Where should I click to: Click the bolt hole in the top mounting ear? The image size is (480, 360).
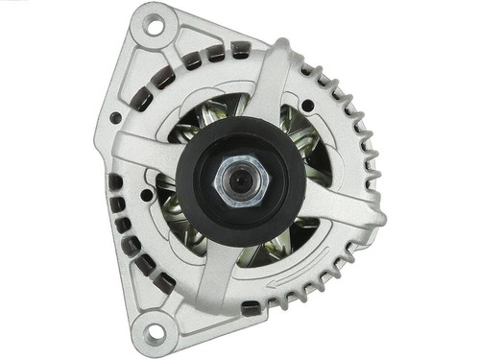tap(154, 26)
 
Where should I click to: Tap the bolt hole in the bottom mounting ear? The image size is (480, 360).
tap(153, 335)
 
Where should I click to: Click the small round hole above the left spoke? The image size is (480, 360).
tap(116, 118)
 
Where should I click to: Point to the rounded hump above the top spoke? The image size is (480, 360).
tap(283, 48)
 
